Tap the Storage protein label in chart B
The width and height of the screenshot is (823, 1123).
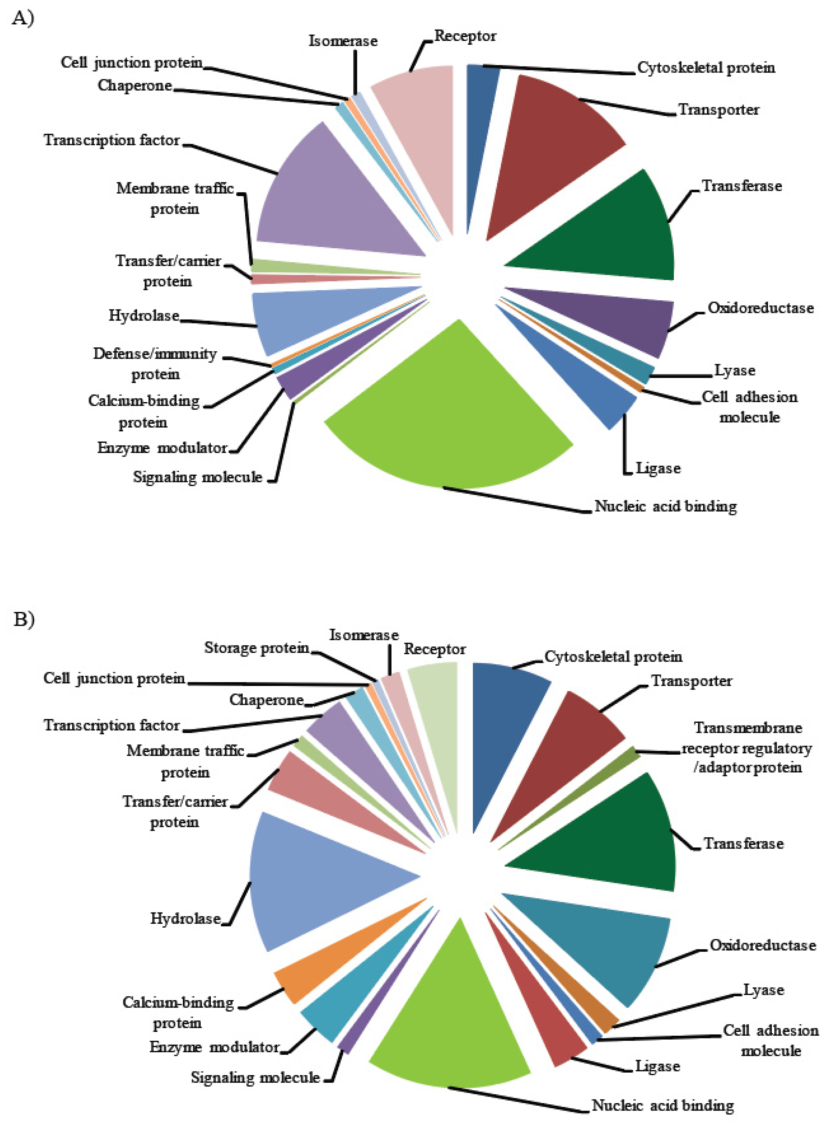click(x=257, y=648)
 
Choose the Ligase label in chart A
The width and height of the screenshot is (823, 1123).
click(x=658, y=469)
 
